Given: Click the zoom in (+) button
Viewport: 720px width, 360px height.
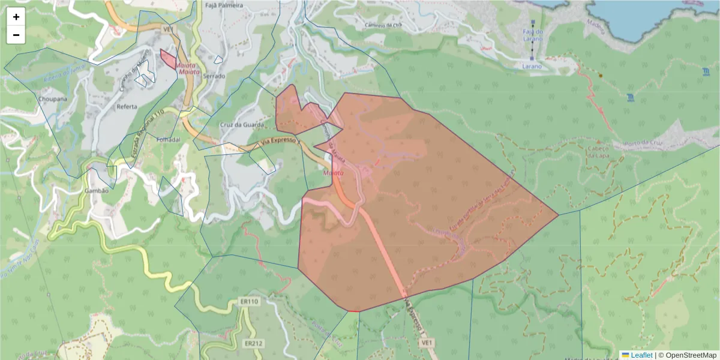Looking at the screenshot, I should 16,17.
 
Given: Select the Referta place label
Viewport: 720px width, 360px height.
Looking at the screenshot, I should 127,106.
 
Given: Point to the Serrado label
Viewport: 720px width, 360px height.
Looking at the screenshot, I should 214,76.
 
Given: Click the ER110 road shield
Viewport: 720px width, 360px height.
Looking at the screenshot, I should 248,302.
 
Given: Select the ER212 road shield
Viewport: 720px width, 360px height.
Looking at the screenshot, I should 254,344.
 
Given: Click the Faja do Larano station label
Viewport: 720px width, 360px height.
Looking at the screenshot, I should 532,35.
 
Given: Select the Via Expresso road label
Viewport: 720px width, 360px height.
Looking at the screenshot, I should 280,142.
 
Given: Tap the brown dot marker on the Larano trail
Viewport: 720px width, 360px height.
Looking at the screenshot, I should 600,76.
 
